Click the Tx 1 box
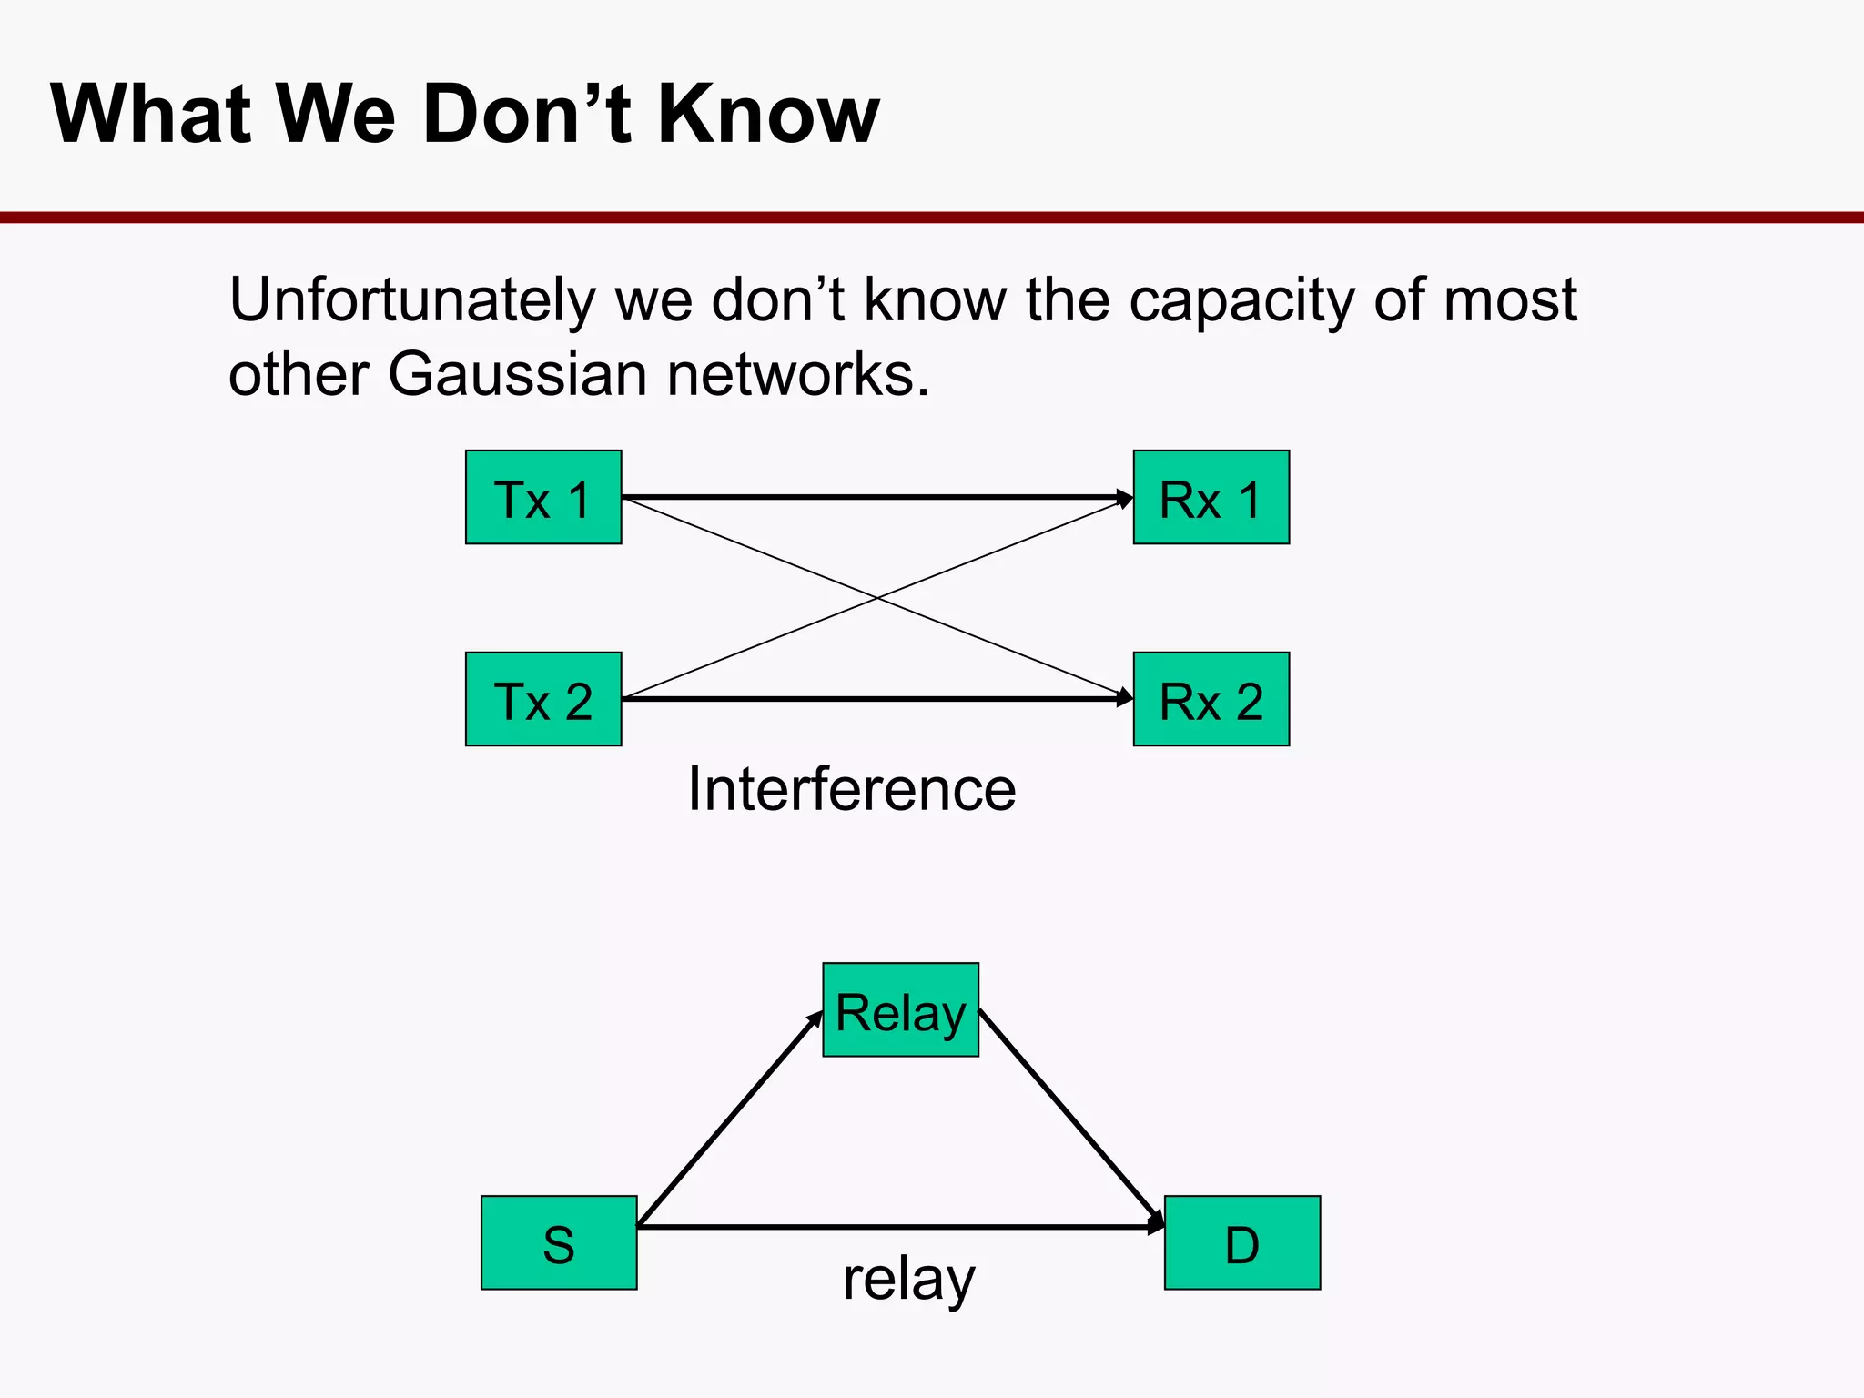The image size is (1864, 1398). click(x=543, y=497)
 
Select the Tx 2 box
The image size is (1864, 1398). click(x=543, y=699)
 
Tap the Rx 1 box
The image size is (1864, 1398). click(x=1211, y=497)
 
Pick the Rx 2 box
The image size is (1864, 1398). click(x=1211, y=699)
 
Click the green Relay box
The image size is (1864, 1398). click(x=900, y=1009)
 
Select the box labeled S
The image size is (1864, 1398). click(x=559, y=1242)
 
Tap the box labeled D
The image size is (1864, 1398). click(x=1241, y=1242)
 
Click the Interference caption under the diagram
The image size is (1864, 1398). click(x=851, y=788)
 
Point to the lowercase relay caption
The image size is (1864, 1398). click(x=908, y=1279)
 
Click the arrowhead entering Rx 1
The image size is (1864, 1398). click(x=1125, y=498)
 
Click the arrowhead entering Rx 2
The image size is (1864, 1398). click(x=1125, y=699)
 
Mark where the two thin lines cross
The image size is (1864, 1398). click(x=877, y=598)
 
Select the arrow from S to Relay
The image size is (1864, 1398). click(x=730, y=1119)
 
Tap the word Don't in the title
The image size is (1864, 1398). click(x=527, y=114)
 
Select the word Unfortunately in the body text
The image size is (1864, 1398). click(x=411, y=300)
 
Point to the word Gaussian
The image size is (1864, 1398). click(x=517, y=374)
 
